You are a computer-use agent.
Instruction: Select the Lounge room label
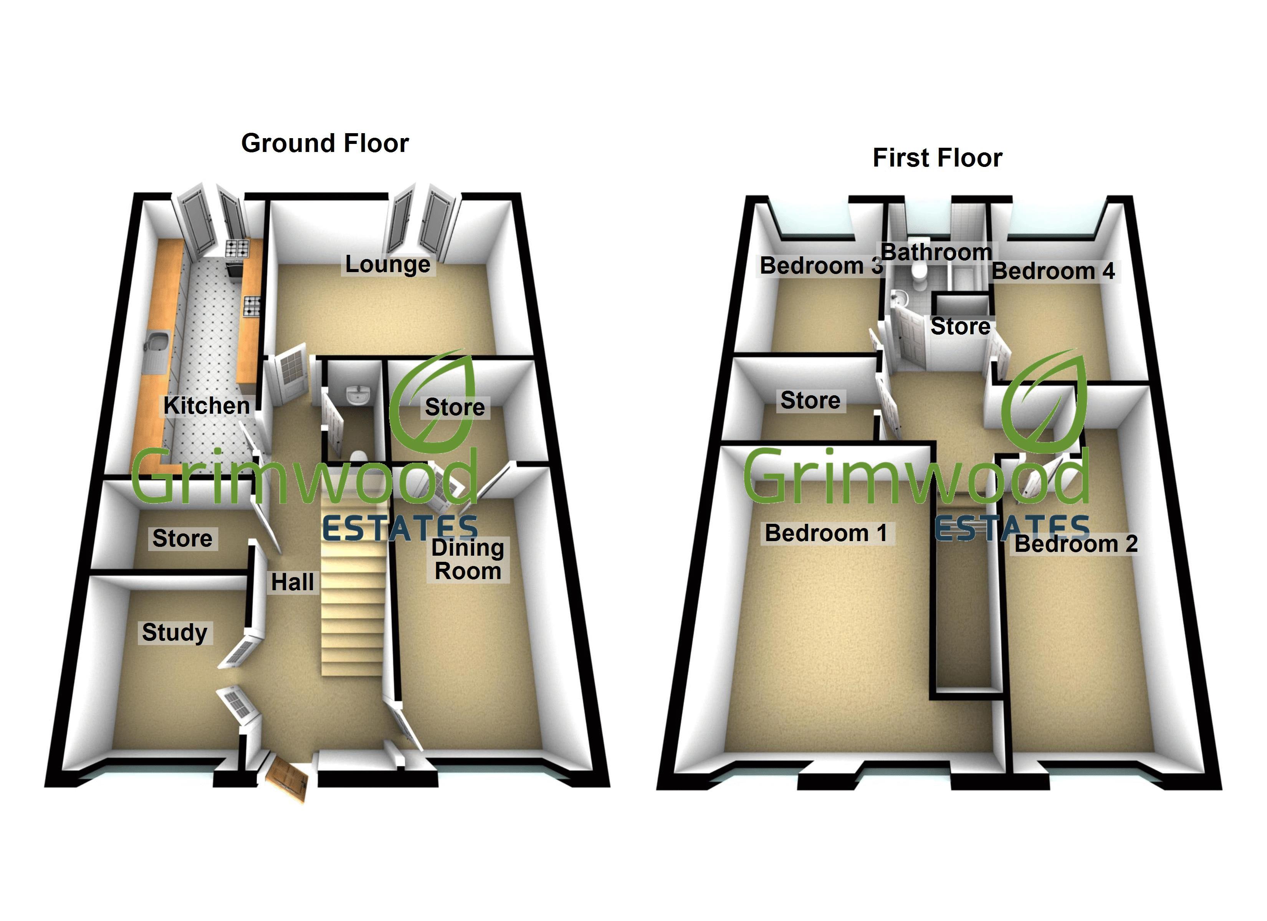tap(388, 264)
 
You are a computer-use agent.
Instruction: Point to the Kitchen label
tap(206, 406)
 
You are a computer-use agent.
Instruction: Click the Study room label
tap(174, 632)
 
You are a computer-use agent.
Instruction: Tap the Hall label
tap(292, 583)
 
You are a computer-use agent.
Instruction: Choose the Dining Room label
tap(468, 560)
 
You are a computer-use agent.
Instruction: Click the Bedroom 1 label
tap(826, 533)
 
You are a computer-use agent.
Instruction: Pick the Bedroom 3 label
tap(820, 266)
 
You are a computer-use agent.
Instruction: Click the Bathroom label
tap(936, 253)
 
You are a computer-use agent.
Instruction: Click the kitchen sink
tap(157, 343)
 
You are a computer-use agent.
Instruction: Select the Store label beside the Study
tap(182, 538)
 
